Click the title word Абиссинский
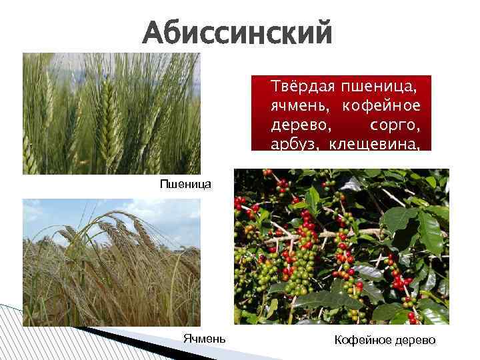(x=237, y=32)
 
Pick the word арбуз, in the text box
(x=292, y=144)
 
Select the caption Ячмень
(x=204, y=339)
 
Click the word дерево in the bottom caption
(x=415, y=341)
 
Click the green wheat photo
(x=111, y=113)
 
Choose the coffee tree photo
(x=341, y=247)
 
